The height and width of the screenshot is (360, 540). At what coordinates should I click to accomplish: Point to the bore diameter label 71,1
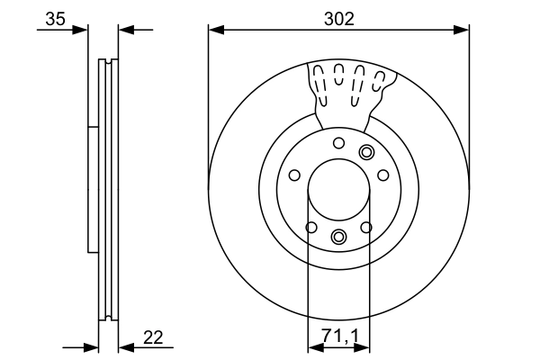(338, 337)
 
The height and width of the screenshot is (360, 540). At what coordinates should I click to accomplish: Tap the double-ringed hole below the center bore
(338, 237)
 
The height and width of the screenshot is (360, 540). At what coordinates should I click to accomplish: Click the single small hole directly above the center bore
(338, 143)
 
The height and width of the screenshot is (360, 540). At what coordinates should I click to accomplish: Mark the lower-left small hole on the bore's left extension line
(310, 228)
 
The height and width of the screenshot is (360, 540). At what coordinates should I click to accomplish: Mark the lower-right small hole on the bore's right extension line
(366, 228)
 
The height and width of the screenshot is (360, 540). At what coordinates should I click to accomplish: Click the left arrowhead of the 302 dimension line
(214, 31)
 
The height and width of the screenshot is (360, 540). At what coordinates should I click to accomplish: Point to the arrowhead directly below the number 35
(82, 31)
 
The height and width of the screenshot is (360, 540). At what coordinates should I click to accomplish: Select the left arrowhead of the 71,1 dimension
(313, 346)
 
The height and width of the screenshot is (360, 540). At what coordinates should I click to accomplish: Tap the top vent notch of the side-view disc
(108, 62)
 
